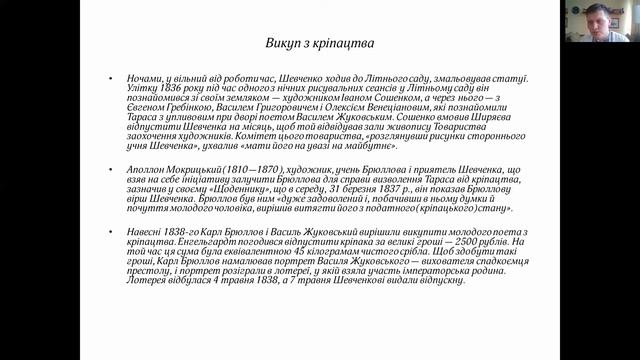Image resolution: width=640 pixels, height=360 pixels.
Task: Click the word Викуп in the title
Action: pos(284,44)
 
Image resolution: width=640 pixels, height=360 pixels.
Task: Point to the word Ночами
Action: pos(146,77)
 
